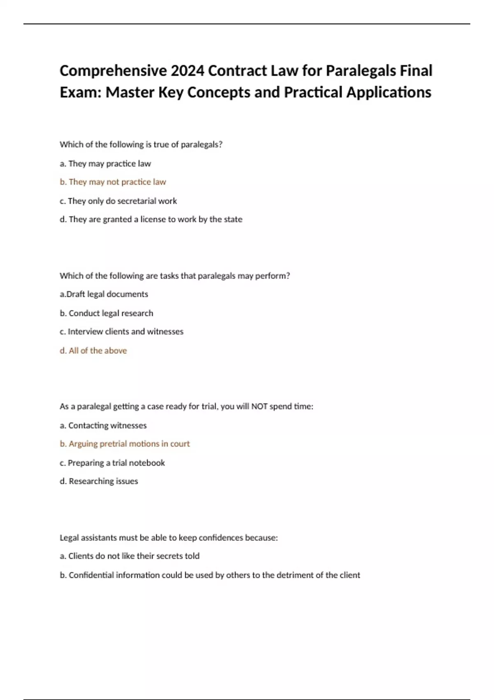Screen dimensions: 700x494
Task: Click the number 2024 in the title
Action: [x=187, y=71]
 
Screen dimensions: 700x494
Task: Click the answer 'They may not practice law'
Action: [x=113, y=182]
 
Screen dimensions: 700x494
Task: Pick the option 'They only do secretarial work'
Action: [x=118, y=201]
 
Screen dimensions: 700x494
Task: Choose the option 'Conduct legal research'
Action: [x=106, y=313]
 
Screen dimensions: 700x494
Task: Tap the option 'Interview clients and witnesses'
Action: [x=121, y=332]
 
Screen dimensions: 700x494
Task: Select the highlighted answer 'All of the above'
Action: [x=93, y=351]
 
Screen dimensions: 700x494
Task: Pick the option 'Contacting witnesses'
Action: [x=103, y=426]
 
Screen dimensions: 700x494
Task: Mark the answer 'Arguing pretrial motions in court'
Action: [x=125, y=444]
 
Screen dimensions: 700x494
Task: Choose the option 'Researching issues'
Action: [x=99, y=481]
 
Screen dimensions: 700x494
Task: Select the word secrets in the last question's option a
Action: [x=158, y=556]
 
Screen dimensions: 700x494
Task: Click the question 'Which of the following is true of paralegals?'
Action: [x=141, y=145]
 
